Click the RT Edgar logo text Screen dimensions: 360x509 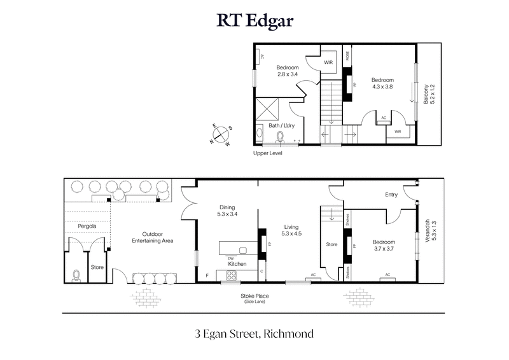click(x=254, y=22)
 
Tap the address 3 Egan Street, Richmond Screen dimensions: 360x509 click(x=254, y=333)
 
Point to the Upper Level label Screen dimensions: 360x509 click(x=268, y=153)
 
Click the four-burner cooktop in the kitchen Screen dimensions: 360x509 click(x=232, y=276)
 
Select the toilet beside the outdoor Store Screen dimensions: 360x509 click(x=76, y=275)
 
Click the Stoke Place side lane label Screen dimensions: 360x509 click(x=253, y=298)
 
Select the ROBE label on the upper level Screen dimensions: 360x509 click(x=347, y=55)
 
